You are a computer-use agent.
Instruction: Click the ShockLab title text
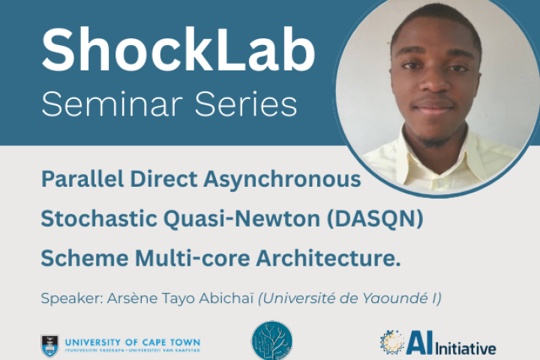tap(178, 52)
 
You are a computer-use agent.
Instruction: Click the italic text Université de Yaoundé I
tap(349, 299)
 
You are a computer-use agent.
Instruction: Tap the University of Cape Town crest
tap(50, 345)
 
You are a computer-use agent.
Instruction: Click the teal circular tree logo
tap(271, 341)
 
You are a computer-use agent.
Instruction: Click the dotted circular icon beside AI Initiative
tap(391, 342)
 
